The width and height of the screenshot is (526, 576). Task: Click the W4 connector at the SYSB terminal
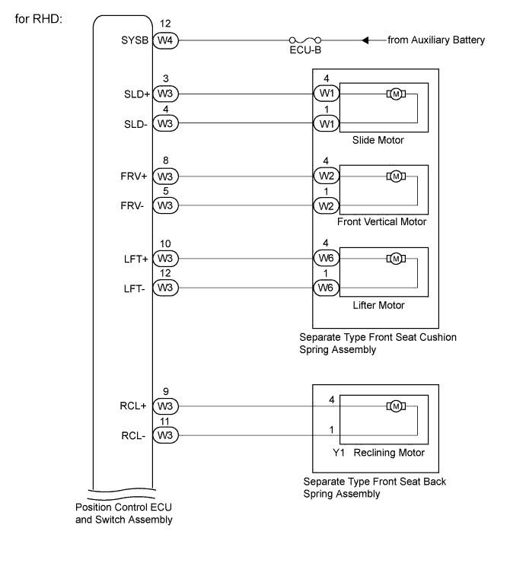[165, 40]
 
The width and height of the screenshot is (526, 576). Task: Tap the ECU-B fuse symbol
[305, 40]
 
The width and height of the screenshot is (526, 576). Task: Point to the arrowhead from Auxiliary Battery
[365, 40]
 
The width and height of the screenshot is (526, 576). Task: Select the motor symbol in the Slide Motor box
[396, 94]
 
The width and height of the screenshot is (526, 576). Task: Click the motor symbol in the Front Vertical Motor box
[396, 177]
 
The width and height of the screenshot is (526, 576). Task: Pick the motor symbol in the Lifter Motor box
[396, 259]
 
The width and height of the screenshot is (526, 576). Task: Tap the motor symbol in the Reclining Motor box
[396, 406]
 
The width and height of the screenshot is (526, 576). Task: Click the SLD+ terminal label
[137, 94]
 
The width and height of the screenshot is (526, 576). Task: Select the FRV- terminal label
[132, 205]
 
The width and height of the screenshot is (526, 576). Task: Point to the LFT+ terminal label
[135, 259]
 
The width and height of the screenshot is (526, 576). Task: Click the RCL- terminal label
[133, 436]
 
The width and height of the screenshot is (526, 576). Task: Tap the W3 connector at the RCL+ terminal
[165, 406]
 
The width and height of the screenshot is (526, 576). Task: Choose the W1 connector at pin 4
[327, 94]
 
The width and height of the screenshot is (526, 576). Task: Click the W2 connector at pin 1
[327, 206]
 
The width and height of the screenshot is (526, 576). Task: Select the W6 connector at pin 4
[327, 258]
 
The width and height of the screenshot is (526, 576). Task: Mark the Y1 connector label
[339, 453]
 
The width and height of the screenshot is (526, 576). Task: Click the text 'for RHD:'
[39, 19]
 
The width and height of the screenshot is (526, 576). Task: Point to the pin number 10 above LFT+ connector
[165, 243]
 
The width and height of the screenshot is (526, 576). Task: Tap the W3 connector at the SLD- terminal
[165, 123]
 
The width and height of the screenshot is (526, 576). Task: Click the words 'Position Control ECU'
[123, 507]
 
